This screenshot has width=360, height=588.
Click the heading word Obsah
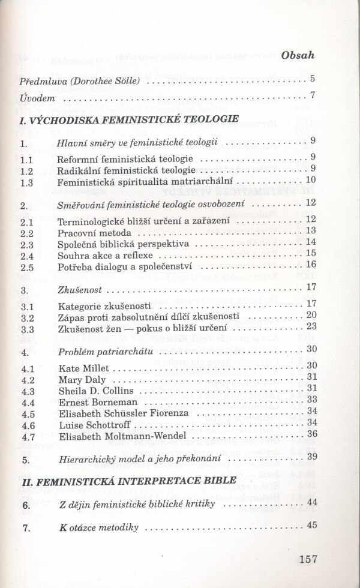tap(298, 56)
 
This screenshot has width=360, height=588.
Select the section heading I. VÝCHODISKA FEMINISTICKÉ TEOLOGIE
tap(129, 119)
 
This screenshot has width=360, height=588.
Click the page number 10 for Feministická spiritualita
tap(310, 179)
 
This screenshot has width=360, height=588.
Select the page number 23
tap(311, 327)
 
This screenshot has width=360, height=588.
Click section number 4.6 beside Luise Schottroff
tap(27, 424)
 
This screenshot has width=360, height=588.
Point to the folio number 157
tap(307, 559)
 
